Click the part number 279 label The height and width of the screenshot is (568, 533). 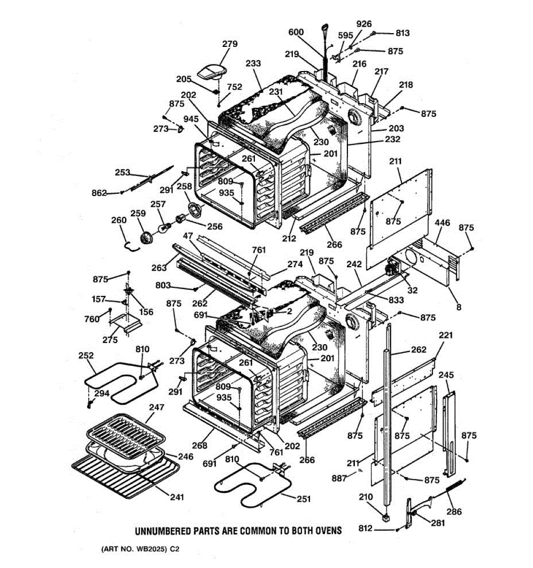[230, 44]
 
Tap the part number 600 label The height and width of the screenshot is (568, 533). [296, 32]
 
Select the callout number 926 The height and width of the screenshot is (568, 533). [364, 24]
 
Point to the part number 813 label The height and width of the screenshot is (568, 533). [402, 33]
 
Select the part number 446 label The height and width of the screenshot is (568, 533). [443, 222]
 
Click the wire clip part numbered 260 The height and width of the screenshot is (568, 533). [131, 246]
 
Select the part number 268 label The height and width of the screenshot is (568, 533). [199, 445]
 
